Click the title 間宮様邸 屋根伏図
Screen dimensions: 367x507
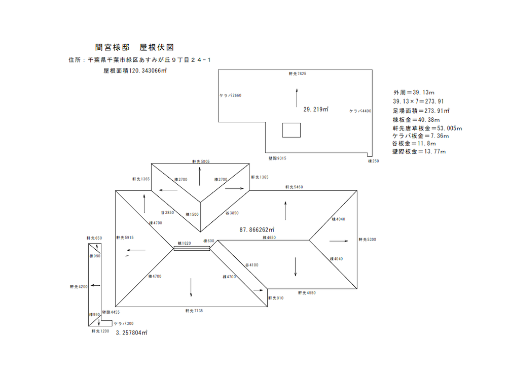(x=134, y=47)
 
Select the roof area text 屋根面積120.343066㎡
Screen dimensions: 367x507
(x=135, y=71)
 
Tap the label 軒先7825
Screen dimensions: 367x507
(x=298, y=74)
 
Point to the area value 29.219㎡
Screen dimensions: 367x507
(x=316, y=109)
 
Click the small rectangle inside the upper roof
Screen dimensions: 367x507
(x=292, y=130)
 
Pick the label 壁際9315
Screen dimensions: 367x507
(x=277, y=158)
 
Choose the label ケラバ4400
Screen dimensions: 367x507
(x=360, y=111)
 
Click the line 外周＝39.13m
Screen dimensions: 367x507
(x=414, y=92)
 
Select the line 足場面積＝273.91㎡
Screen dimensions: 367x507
(x=421, y=110)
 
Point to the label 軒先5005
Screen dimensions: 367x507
(x=201, y=161)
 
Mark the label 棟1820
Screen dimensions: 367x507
(x=185, y=244)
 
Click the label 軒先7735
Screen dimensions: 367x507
(x=194, y=311)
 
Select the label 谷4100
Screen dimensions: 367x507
(x=252, y=265)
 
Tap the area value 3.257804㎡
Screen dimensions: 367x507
(x=131, y=333)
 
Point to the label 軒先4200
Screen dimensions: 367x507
(x=79, y=287)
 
